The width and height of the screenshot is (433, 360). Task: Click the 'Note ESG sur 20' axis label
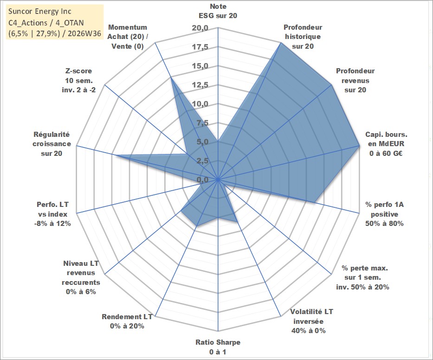click(x=218, y=11)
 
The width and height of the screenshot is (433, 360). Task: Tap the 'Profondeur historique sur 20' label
click(x=303, y=37)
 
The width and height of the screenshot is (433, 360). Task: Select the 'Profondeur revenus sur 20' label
click(x=355, y=80)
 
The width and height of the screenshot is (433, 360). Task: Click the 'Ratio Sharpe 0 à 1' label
click(x=218, y=347)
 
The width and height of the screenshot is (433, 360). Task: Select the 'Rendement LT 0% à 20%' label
click(x=127, y=321)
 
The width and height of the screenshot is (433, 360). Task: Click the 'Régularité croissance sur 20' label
click(x=52, y=144)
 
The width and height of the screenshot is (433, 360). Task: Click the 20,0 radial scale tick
click(x=200, y=28)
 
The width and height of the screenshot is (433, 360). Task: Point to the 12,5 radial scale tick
click(x=200, y=85)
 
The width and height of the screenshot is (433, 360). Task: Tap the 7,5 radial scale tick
click(x=202, y=123)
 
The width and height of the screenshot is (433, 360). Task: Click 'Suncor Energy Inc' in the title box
click(x=40, y=11)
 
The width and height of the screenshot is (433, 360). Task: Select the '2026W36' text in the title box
click(x=84, y=33)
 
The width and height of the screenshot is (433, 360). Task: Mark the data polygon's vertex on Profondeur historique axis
click(x=281, y=43)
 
